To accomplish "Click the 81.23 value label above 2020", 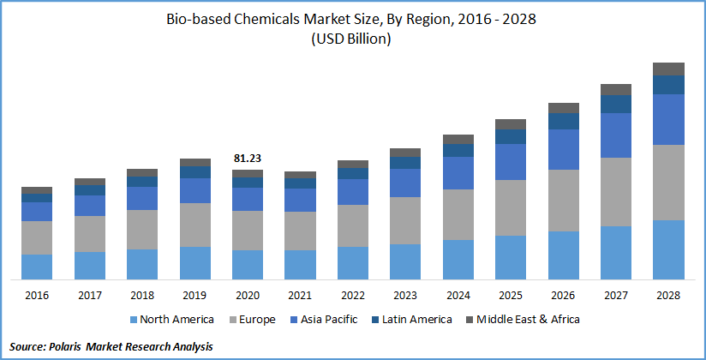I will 248,158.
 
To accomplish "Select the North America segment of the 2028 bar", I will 668,249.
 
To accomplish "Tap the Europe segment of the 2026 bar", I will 563,201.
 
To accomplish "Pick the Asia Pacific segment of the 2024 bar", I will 458,173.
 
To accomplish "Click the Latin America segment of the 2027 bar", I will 615,104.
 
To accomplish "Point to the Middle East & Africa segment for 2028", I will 668,69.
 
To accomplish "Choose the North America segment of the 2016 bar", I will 37,267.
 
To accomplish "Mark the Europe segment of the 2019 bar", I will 195,225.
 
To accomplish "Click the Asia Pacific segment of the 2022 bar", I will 353,192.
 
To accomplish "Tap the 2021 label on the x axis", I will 300,295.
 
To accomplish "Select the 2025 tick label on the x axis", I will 511,295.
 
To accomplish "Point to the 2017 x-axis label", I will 90,295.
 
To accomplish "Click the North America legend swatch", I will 133,320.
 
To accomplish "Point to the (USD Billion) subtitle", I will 353,39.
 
